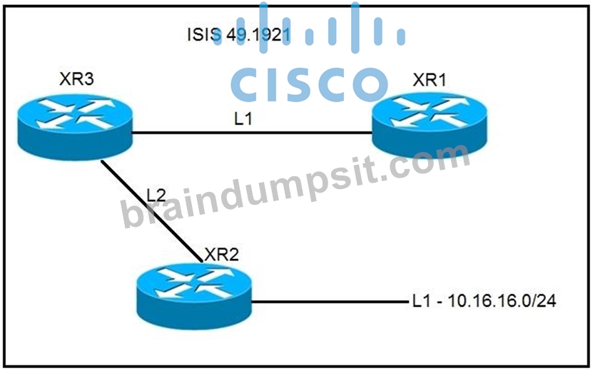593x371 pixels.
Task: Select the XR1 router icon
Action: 430,124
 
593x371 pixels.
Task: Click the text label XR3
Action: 76,79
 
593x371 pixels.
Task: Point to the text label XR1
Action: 430,80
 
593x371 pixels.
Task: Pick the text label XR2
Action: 222,255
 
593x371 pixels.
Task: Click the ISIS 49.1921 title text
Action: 239,35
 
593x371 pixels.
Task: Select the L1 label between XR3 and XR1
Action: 243,118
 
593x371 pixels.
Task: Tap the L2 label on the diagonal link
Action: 156,195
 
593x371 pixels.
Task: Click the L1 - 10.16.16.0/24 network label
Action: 485,301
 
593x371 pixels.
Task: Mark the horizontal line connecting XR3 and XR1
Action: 251,133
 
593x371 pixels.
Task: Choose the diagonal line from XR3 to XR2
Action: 152,211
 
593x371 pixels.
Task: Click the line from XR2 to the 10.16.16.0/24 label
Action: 330,302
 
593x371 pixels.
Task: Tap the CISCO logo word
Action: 310,85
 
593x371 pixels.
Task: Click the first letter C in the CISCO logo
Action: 245,85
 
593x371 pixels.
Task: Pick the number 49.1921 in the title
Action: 259,35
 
